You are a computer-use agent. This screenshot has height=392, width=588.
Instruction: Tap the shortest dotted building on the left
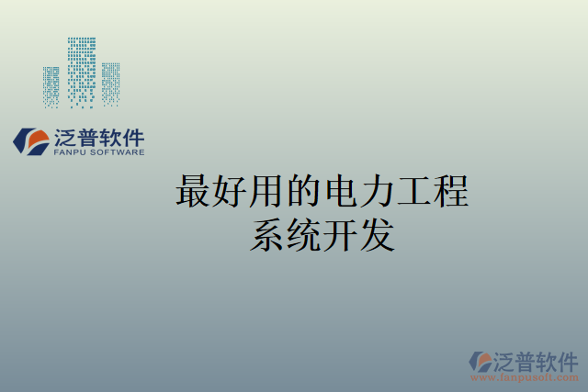tap(51, 86)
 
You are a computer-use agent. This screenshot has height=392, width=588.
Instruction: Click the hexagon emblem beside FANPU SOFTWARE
tap(31, 140)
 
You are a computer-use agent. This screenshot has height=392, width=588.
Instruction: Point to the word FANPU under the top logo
tap(69, 152)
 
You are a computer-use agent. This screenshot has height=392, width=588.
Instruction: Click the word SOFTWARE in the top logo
tap(117, 152)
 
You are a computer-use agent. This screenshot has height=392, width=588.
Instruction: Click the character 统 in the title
tap(304, 235)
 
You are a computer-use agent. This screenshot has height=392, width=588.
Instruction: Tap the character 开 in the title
tap(341, 235)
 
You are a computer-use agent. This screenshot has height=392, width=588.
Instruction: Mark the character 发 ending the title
tap(378, 235)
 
